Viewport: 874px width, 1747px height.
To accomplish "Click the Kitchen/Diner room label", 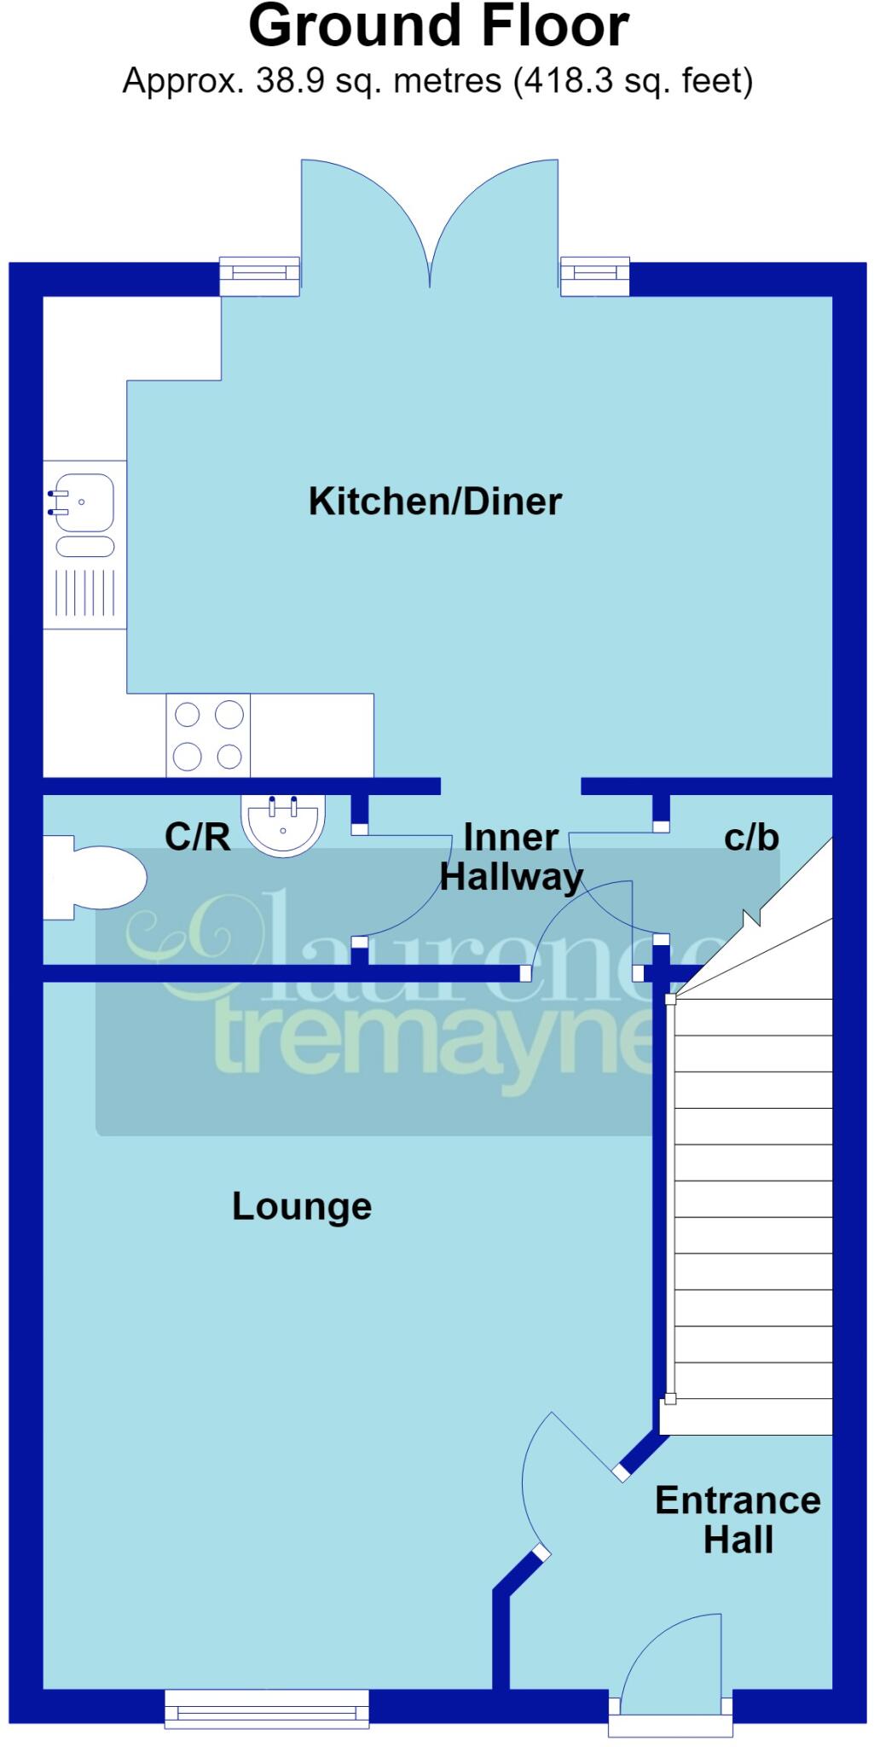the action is point(435,501).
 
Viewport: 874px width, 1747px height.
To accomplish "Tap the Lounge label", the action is point(302,1207).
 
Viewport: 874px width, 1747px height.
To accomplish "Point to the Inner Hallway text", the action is point(511,857).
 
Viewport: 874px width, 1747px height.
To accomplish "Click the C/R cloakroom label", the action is point(197,837).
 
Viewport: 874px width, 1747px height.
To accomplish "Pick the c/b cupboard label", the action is point(751,838).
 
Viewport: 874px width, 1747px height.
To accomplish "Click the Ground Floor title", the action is point(438,26).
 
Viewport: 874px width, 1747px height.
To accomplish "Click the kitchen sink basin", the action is point(82,502).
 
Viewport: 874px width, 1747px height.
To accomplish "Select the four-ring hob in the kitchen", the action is point(208,735).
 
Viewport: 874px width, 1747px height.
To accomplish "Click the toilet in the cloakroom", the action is point(94,878).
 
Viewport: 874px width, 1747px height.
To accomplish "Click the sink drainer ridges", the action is point(84,592).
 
